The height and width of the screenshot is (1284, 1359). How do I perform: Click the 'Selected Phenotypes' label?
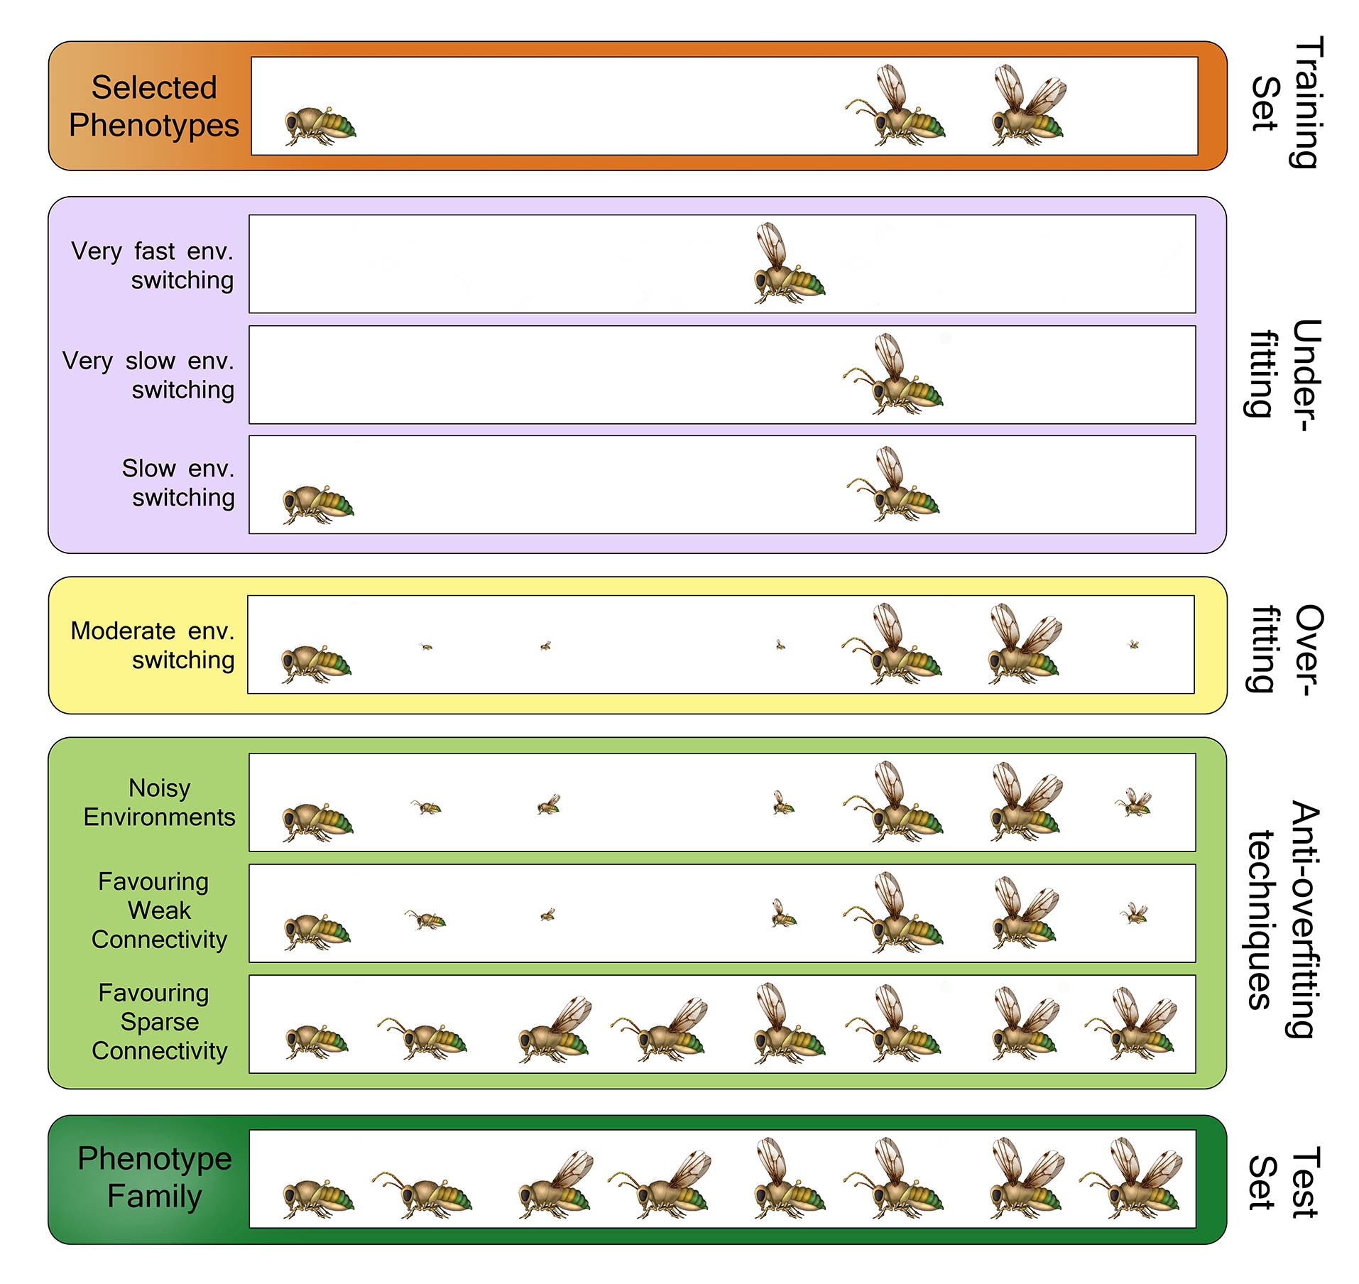pyautogui.click(x=154, y=107)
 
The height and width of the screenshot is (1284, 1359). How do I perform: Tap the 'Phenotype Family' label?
pyautogui.click(x=154, y=1177)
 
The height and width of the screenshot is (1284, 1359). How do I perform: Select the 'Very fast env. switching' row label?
pyautogui.click(x=153, y=266)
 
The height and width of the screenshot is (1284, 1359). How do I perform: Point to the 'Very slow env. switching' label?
pyautogui.click(x=148, y=375)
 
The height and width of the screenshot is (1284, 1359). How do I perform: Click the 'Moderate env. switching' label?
pyautogui.click(x=153, y=645)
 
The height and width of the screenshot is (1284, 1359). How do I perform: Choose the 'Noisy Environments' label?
pyautogui.click(x=159, y=802)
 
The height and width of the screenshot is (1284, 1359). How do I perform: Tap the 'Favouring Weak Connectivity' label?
pyautogui.click(x=159, y=910)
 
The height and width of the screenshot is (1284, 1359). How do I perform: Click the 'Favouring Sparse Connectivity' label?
pyautogui.click(x=159, y=1021)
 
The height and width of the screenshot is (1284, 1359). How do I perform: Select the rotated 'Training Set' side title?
pyautogui.click(x=1286, y=104)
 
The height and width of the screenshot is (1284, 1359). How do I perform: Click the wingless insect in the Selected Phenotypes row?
pyautogui.click(x=320, y=126)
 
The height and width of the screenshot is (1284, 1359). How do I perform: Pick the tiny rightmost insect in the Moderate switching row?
pyautogui.click(x=1133, y=645)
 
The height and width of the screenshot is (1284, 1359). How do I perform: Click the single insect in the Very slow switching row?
pyautogui.click(x=895, y=376)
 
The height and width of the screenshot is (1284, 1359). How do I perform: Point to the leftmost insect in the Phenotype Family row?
pyautogui.click(x=317, y=1199)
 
